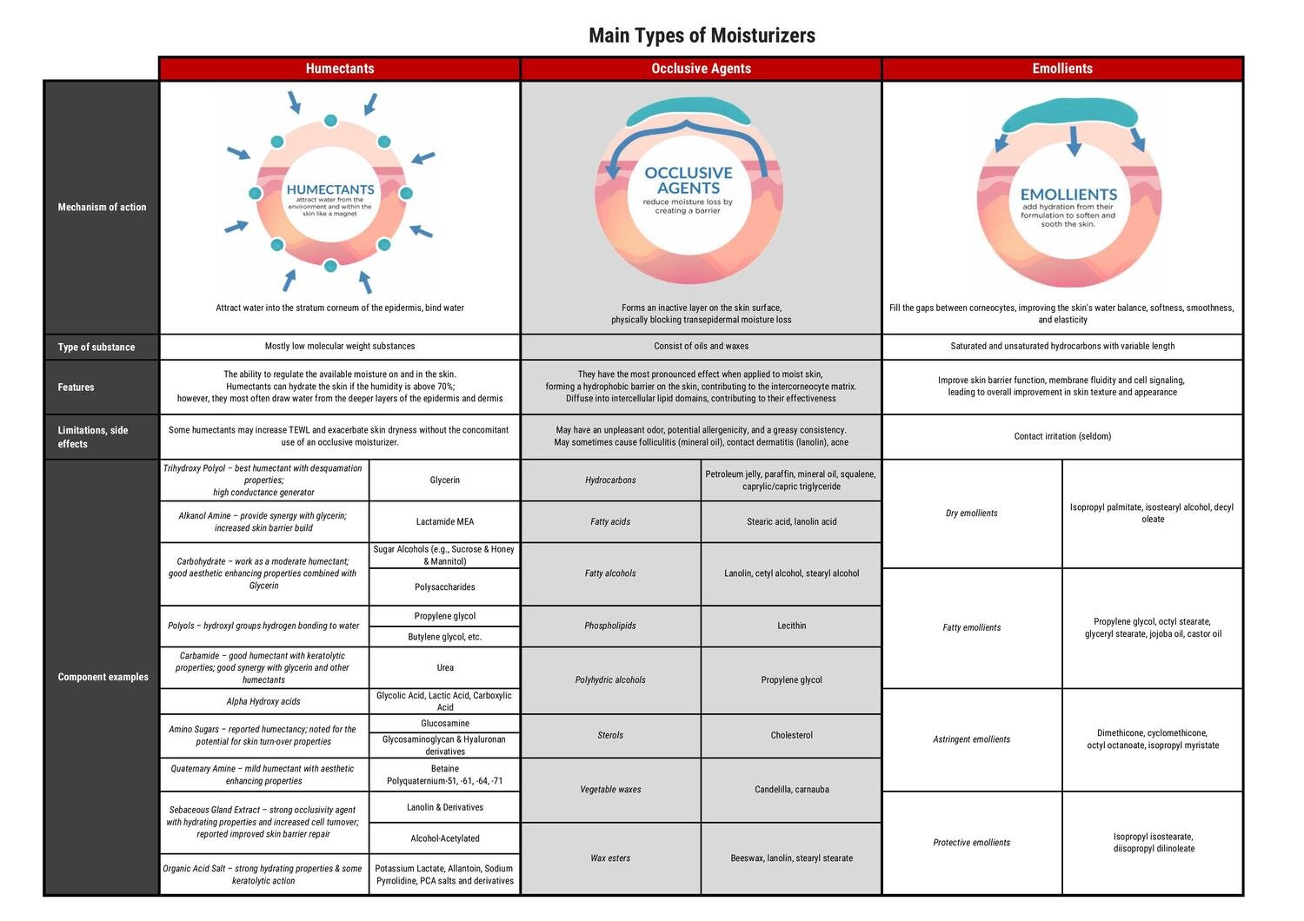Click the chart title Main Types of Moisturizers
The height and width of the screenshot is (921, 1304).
(x=702, y=36)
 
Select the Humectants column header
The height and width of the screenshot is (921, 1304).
(x=340, y=69)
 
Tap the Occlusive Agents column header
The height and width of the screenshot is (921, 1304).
(x=701, y=69)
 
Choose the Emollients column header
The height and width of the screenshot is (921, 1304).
(x=1062, y=69)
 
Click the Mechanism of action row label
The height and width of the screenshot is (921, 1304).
(x=102, y=207)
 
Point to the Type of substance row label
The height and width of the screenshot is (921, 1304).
(x=96, y=347)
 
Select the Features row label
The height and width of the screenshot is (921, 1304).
(x=77, y=387)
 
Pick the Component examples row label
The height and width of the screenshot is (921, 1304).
(x=103, y=677)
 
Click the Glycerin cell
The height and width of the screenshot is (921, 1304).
(x=444, y=480)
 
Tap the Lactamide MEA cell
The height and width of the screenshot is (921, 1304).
(x=444, y=521)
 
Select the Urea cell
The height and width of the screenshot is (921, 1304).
(x=444, y=667)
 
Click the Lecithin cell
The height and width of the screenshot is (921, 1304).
(x=791, y=626)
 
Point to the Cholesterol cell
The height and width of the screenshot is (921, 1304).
(x=791, y=735)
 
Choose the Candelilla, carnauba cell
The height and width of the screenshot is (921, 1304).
(x=791, y=790)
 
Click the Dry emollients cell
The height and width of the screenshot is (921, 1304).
(x=971, y=513)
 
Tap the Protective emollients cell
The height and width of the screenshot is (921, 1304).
(x=971, y=842)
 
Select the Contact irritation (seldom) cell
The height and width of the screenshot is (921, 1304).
(x=1062, y=436)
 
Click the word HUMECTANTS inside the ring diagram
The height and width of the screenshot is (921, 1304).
(x=330, y=189)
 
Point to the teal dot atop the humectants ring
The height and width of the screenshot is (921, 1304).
(x=330, y=121)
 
